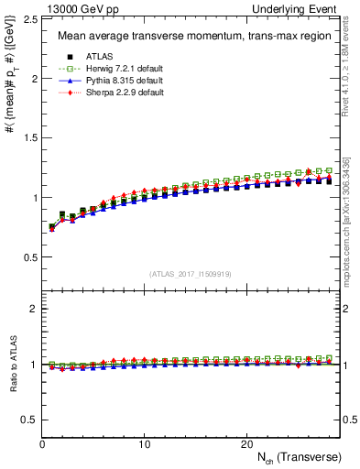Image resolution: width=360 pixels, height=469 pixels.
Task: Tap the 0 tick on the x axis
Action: point(42,443)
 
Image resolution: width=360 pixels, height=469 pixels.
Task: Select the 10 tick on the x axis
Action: point(144,443)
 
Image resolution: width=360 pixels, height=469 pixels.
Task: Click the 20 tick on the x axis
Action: point(245,443)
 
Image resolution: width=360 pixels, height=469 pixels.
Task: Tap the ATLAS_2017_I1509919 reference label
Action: point(189,273)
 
